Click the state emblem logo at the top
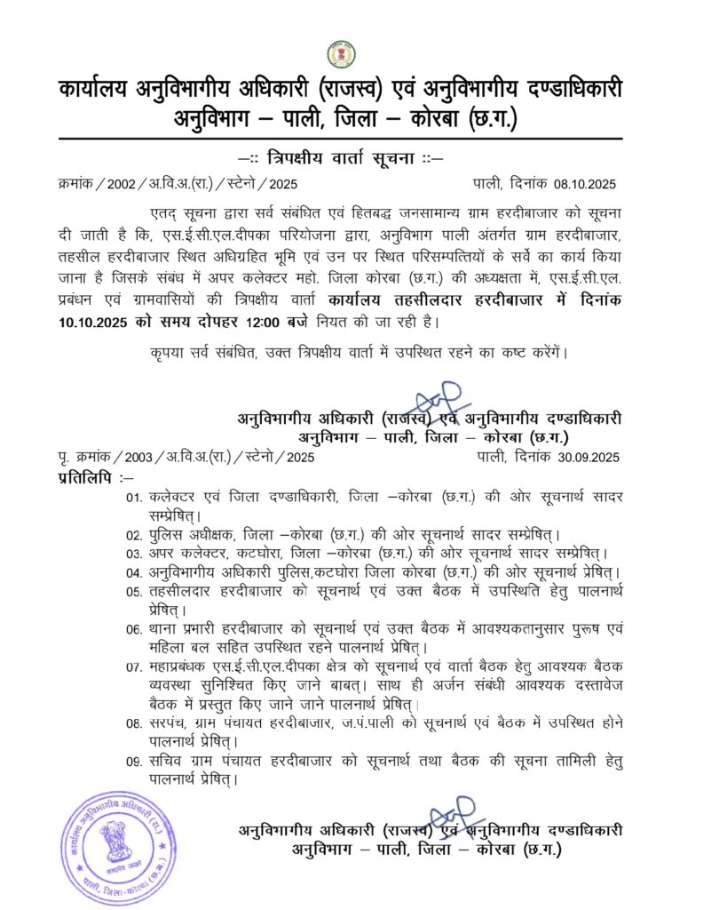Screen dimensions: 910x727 [340, 54]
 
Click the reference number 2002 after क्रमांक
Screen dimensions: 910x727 [125, 184]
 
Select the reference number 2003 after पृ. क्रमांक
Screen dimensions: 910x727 [138, 458]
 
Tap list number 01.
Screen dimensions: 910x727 [134, 499]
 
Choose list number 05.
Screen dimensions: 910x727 [134, 591]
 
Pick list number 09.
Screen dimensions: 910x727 [134, 762]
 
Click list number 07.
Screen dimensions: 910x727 [134, 666]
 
